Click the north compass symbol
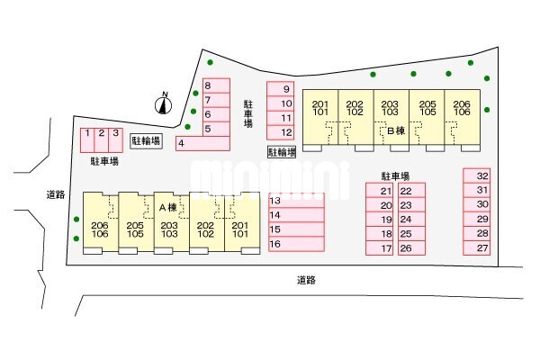[164, 104]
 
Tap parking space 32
[482, 175]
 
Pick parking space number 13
[295, 201]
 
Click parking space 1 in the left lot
[87, 138]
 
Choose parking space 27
[482, 247]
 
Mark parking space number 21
[386, 191]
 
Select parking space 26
[406, 248]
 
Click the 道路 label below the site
[306, 280]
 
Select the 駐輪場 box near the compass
[145, 141]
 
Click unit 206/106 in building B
[463, 108]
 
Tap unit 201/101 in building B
[319, 108]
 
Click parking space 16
[295, 244]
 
